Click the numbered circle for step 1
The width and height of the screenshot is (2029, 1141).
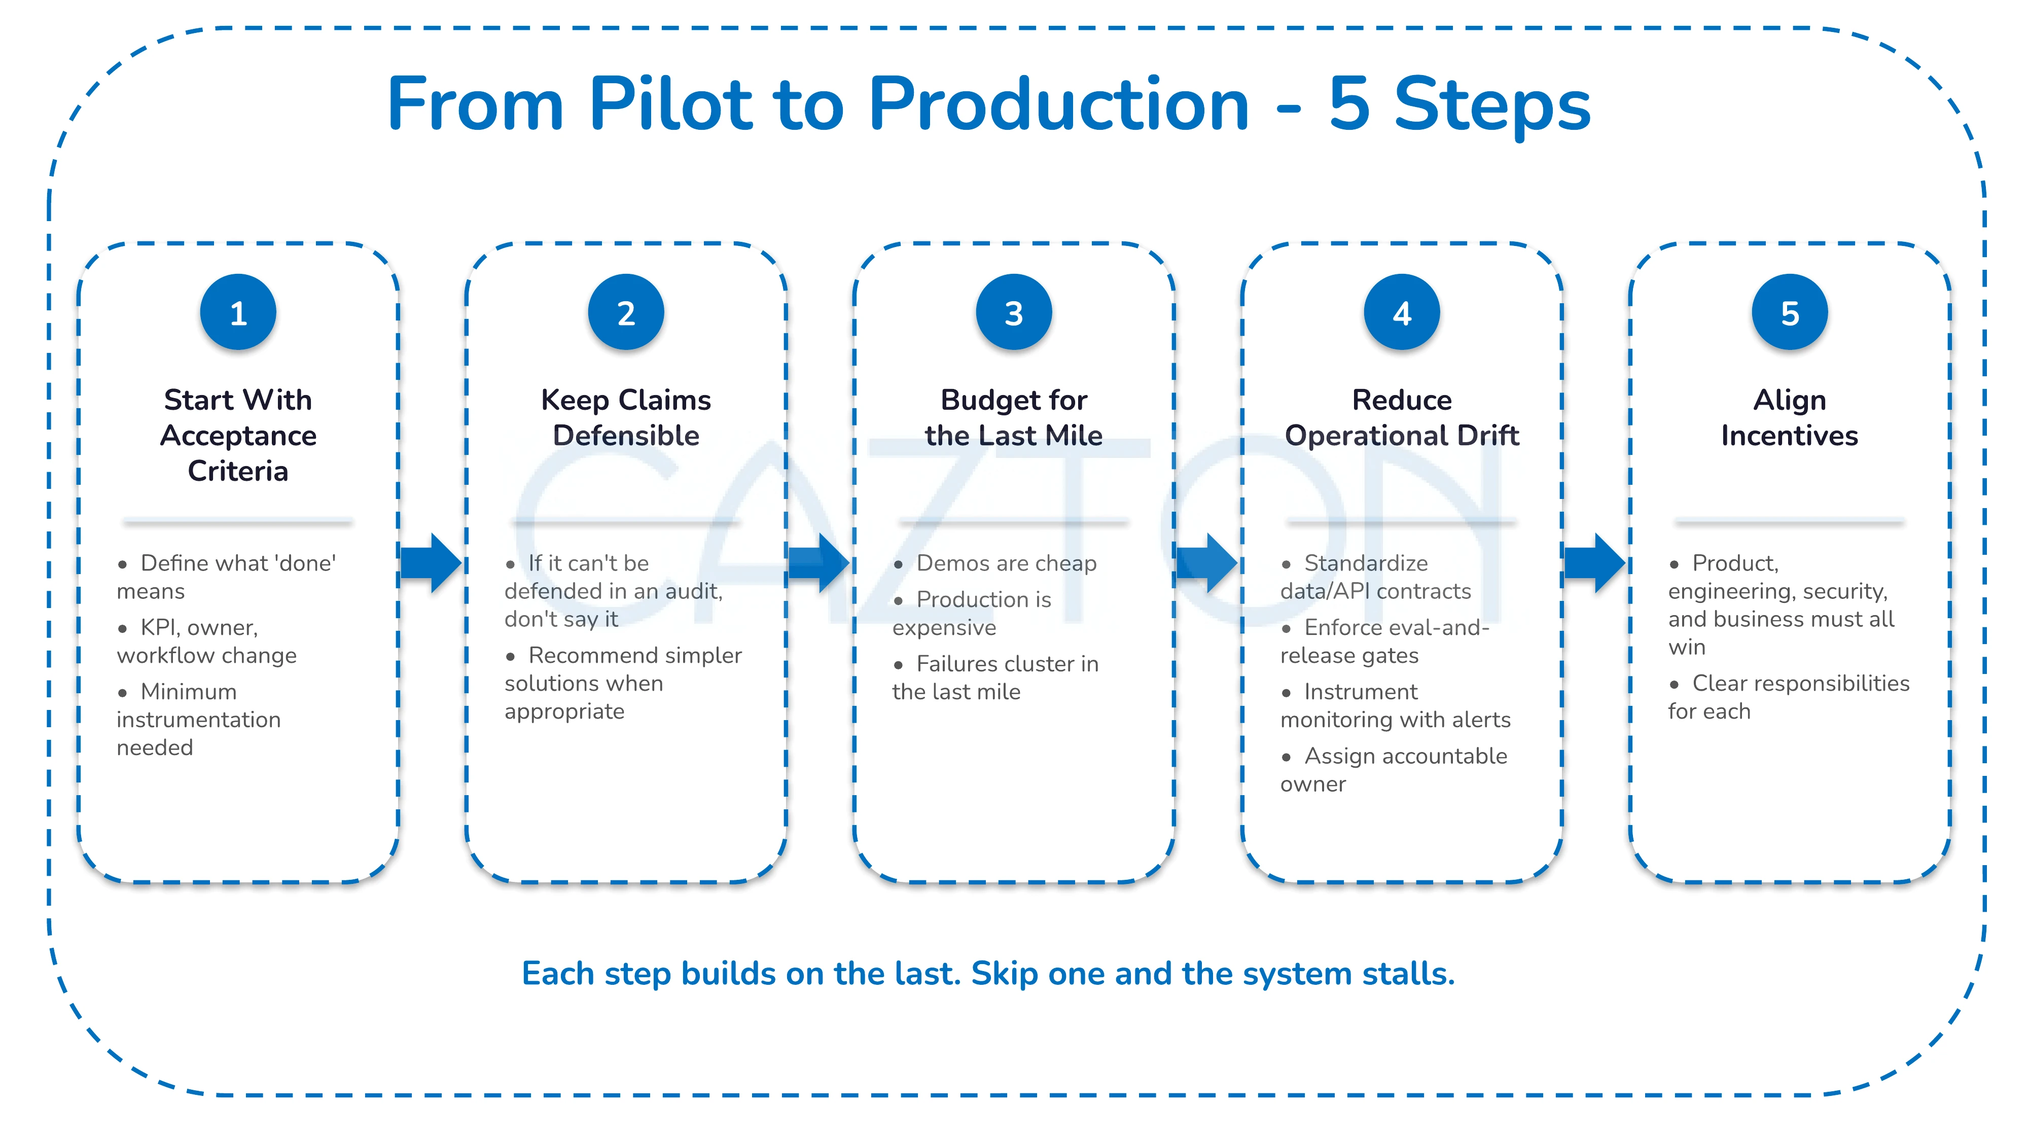click(x=238, y=312)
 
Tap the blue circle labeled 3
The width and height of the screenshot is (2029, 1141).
click(x=1014, y=312)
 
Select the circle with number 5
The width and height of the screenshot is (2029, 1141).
click(x=1790, y=312)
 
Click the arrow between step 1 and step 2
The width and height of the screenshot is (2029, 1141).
click(x=431, y=563)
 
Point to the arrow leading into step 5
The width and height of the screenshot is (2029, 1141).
click(x=1595, y=563)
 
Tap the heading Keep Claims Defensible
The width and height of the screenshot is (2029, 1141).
click(x=626, y=417)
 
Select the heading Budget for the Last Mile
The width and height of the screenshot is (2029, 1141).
click(x=1014, y=417)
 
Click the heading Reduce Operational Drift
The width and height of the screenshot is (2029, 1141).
click(x=1402, y=417)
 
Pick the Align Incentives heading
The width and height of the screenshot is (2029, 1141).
click(x=1790, y=417)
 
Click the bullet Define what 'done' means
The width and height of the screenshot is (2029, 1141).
click(x=227, y=577)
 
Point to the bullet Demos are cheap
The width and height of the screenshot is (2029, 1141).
click(x=1006, y=563)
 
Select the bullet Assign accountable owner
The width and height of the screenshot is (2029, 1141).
click(x=1394, y=769)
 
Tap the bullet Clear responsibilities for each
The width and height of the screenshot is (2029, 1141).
click(x=1789, y=697)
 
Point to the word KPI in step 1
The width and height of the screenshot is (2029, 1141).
click(x=158, y=628)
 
